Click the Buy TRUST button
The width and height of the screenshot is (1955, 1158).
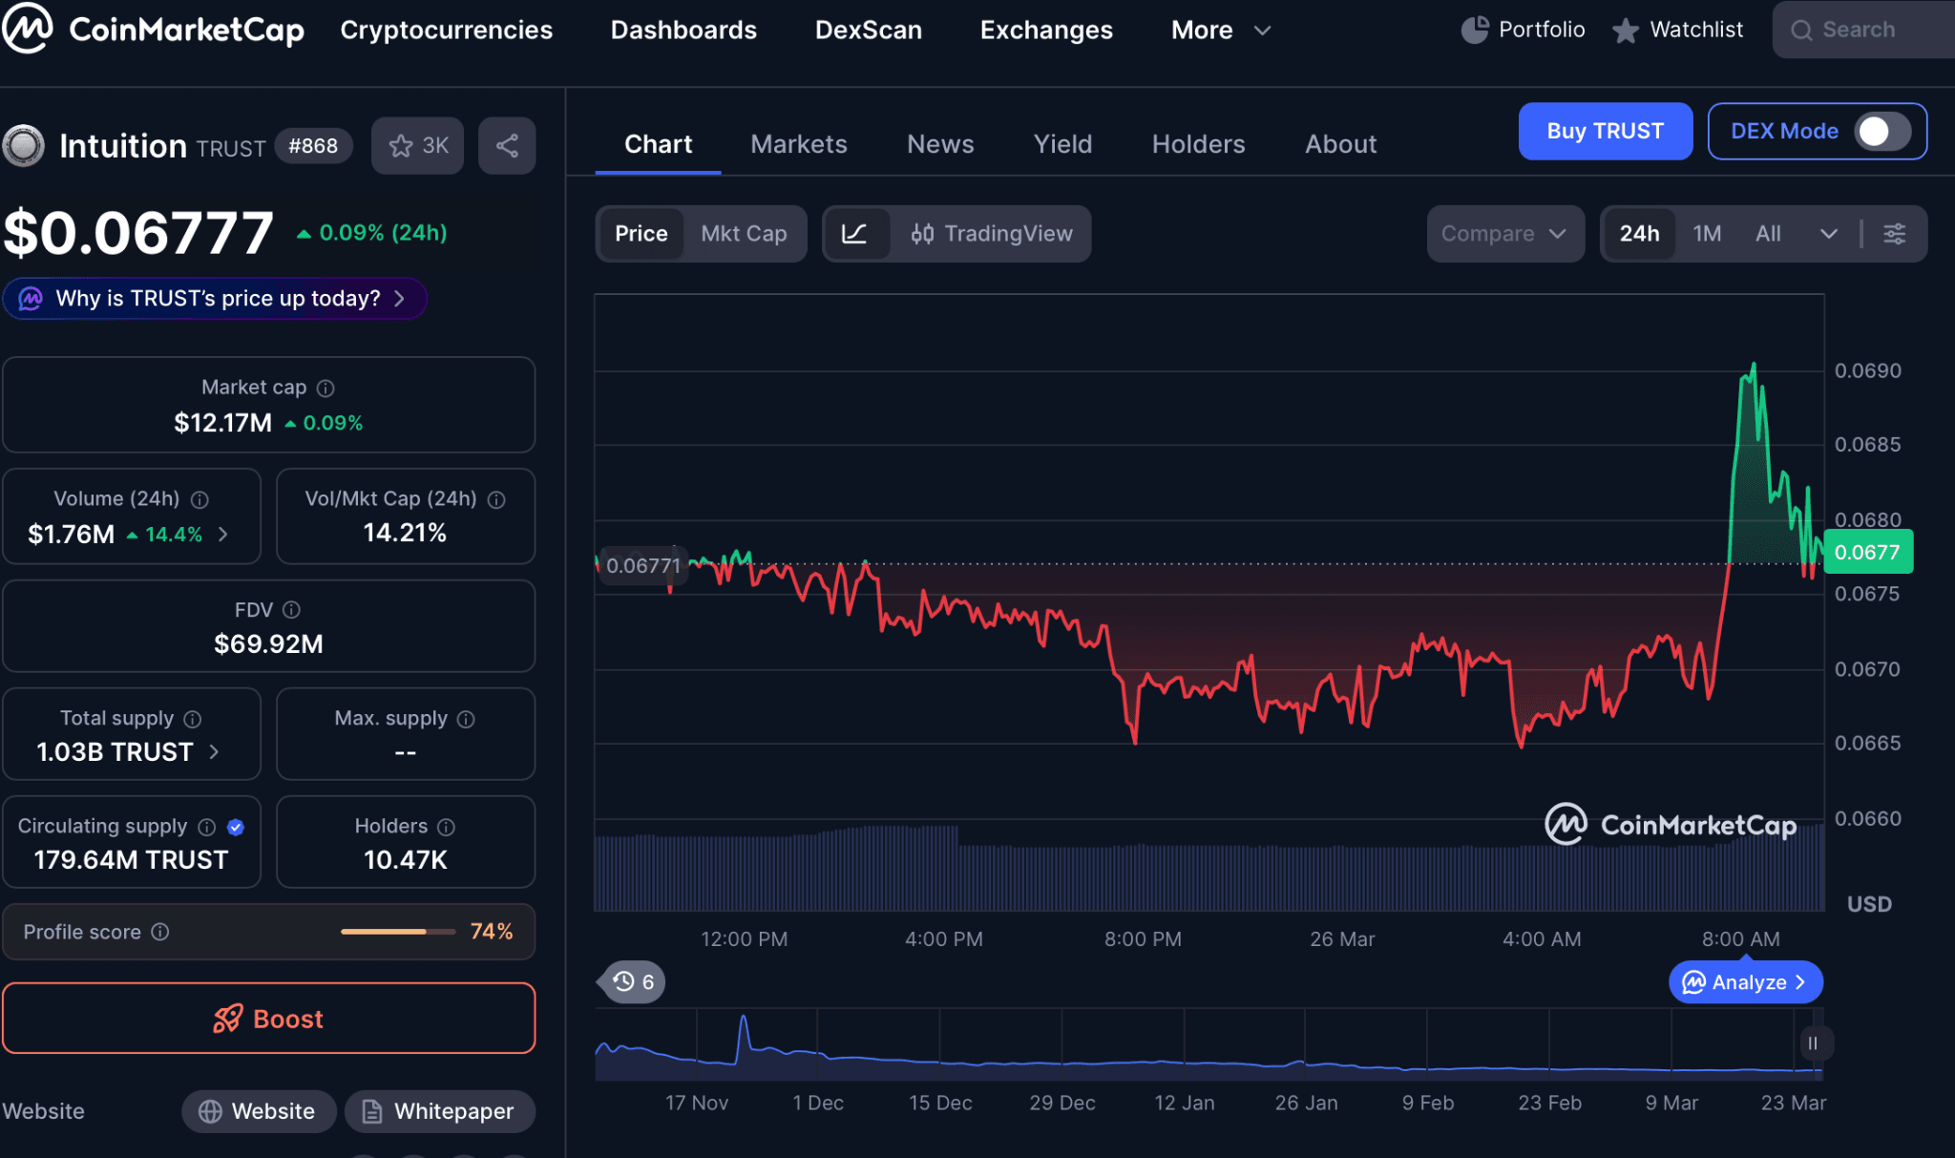(1605, 131)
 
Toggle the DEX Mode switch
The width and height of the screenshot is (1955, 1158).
(1881, 131)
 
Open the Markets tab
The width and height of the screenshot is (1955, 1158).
(798, 144)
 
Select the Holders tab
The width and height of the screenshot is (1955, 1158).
(1198, 144)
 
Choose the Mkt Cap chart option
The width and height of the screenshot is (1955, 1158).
(744, 234)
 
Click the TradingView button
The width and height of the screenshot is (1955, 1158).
(991, 234)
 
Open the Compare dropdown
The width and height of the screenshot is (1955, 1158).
(1503, 234)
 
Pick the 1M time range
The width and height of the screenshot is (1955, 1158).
(1707, 234)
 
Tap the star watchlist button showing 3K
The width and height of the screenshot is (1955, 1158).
(418, 146)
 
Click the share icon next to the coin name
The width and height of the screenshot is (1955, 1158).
(507, 146)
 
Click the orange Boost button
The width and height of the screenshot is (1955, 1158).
(268, 1019)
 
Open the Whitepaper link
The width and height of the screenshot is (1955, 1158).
(440, 1111)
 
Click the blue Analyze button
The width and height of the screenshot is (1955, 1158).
(1745, 982)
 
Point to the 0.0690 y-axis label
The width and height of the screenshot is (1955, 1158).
(1867, 370)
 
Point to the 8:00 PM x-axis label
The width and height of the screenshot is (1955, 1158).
(1143, 939)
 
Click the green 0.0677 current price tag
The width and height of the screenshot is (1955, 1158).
(1867, 552)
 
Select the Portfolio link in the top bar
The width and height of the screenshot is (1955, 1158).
(1524, 30)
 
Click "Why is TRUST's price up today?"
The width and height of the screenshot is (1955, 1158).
(218, 299)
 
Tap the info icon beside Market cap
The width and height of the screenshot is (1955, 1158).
(326, 388)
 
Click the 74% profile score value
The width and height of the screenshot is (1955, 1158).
(491, 932)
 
